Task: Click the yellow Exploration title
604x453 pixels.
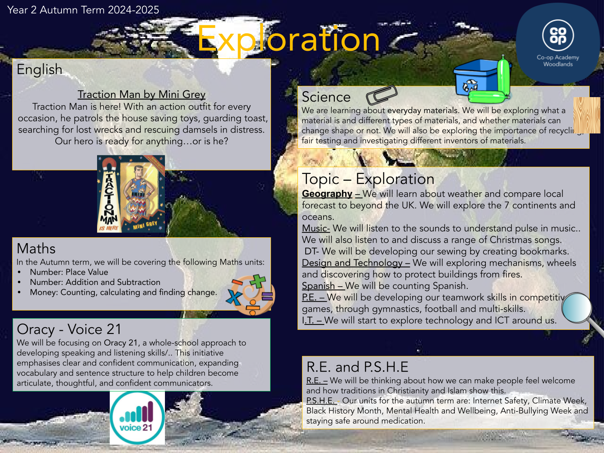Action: [x=289, y=39]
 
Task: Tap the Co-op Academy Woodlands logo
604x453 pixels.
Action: [x=558, y=43]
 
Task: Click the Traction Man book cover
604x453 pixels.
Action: [x=131, y=194]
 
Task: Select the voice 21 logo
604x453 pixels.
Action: [x=138, y=417]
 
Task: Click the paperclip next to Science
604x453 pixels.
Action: [x=382, y=95]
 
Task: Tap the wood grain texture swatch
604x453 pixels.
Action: [x=586, y=115]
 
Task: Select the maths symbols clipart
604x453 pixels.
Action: [x=250, y=294]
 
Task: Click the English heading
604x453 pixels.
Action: [x=40, y=69]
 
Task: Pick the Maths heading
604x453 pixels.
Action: [x=36, y=249]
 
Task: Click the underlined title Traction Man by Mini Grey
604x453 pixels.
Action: [x=142, y=94]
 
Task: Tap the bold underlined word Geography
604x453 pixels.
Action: [x=327, y=194]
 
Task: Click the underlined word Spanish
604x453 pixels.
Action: [x=318, y=286]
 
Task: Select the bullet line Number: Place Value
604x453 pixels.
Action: [x=69, y=272]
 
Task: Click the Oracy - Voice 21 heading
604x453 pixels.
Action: [x=69, y=329]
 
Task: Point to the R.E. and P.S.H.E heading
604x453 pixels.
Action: [x=357, y=367]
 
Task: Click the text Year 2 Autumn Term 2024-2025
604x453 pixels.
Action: [x=83, y=10]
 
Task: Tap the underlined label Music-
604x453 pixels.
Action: [x=315, y=228]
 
